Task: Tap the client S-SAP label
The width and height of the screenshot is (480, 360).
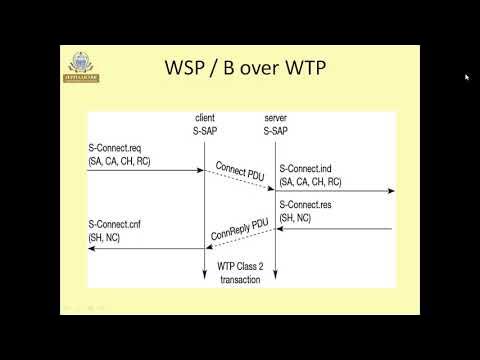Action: (204, 124)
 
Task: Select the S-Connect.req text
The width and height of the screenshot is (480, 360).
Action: (115, 148)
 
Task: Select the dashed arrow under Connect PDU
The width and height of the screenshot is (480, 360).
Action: (239, 180)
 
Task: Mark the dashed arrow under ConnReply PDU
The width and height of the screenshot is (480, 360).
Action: (239, 239)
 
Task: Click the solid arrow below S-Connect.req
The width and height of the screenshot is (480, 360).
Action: (146, 171)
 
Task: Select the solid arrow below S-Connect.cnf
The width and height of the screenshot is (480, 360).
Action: (146, 249)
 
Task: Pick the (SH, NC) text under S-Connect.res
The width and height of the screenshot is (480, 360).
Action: (298, 217)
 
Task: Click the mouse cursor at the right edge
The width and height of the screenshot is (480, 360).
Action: (466, 77)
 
